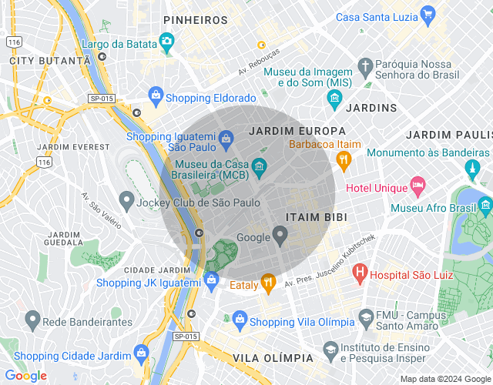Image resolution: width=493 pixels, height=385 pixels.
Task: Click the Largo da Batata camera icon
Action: pos(166,41)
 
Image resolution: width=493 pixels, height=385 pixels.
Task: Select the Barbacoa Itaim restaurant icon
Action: pos(344,159)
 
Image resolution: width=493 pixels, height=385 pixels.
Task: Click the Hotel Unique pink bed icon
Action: pos(418,185)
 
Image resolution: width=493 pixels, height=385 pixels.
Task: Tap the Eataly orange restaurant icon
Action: pos(267,283)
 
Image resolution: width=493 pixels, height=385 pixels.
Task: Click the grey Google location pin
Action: pos(281,236)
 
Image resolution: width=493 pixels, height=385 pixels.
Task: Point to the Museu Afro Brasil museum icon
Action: pos(485,205)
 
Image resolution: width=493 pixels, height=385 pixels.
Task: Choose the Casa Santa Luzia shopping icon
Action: pos(428,15)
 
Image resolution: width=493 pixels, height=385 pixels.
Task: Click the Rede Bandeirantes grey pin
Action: pos(32,318)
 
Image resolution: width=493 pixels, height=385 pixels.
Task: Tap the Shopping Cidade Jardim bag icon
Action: pos(141,353)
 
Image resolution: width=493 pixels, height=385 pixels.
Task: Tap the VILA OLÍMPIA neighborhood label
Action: pos(273,358)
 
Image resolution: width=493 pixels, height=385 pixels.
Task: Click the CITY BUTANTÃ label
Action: pos(50,59)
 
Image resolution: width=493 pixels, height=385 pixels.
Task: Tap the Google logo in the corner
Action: pos(25,375)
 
